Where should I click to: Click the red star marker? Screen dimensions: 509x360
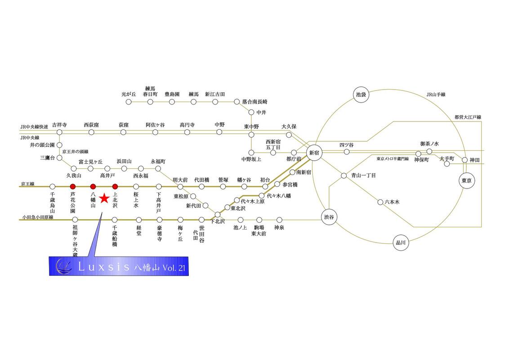tap(104, 198)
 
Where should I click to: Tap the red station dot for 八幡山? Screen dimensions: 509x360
tap(93, 186)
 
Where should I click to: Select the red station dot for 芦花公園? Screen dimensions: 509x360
tap(73, 186)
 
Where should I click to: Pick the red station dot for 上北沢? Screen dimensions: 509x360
tap(115, 186)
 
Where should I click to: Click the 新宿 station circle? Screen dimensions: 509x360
tap(314, 153)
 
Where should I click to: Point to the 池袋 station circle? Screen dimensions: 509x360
tap(361, 94)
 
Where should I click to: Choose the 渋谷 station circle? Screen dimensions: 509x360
tap(329, 217)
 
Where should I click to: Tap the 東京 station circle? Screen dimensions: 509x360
tap(466, 180)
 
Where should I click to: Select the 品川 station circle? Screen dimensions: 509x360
tap(401, 243)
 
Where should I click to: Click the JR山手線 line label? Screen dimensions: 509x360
tap(436, 94)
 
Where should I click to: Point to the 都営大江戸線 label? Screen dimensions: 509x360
tap(468, 117)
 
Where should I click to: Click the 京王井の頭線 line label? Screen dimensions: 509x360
tap(75, 151)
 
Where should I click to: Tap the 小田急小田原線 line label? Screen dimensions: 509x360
tap(38, 217)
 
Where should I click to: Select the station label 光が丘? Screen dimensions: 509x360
tap(129, 94)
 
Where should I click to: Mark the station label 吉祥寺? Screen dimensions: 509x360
tap(59, 125)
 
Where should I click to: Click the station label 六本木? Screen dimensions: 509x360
tap(392, 202)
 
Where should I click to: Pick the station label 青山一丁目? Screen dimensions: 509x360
tap(363, 175)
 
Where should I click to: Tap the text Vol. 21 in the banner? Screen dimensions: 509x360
tap(174, 268)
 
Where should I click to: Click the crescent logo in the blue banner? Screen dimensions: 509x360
tap(63, 266)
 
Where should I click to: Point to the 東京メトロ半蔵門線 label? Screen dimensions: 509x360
tap(393, 159)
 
